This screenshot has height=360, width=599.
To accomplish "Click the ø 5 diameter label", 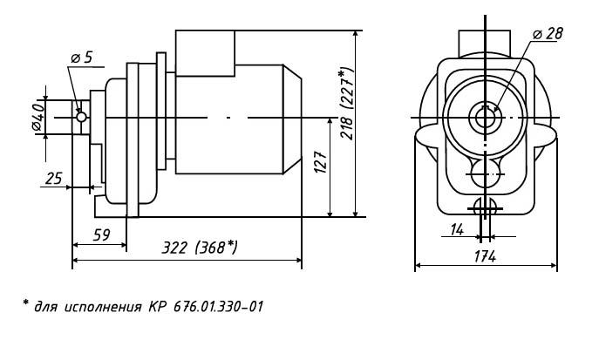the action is (x=82, y=58).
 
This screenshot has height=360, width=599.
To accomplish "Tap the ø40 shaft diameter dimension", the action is (x=38, y=117).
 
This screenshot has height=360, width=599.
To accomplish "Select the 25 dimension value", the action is (x=53, y=179).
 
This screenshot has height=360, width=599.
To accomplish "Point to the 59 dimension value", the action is (x=102, y=235).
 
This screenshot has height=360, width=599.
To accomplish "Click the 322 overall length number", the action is (x=174, y=248).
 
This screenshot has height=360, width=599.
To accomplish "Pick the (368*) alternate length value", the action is (x=216, y=248).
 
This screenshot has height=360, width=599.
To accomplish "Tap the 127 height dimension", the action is (x=321, y=162).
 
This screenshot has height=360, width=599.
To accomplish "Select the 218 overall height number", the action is (x=347, y=128).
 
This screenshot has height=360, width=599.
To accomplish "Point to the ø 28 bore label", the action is (x=548, y=34).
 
